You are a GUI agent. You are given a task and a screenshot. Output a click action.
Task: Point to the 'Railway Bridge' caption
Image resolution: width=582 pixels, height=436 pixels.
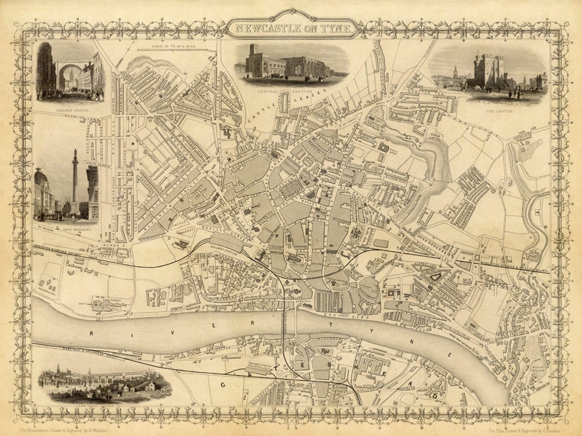pos(70,109)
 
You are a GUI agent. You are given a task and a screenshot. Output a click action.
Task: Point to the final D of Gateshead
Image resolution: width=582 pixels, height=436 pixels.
pos(435,396)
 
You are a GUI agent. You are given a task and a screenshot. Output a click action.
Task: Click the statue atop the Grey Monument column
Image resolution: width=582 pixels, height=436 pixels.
pos(75,153)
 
